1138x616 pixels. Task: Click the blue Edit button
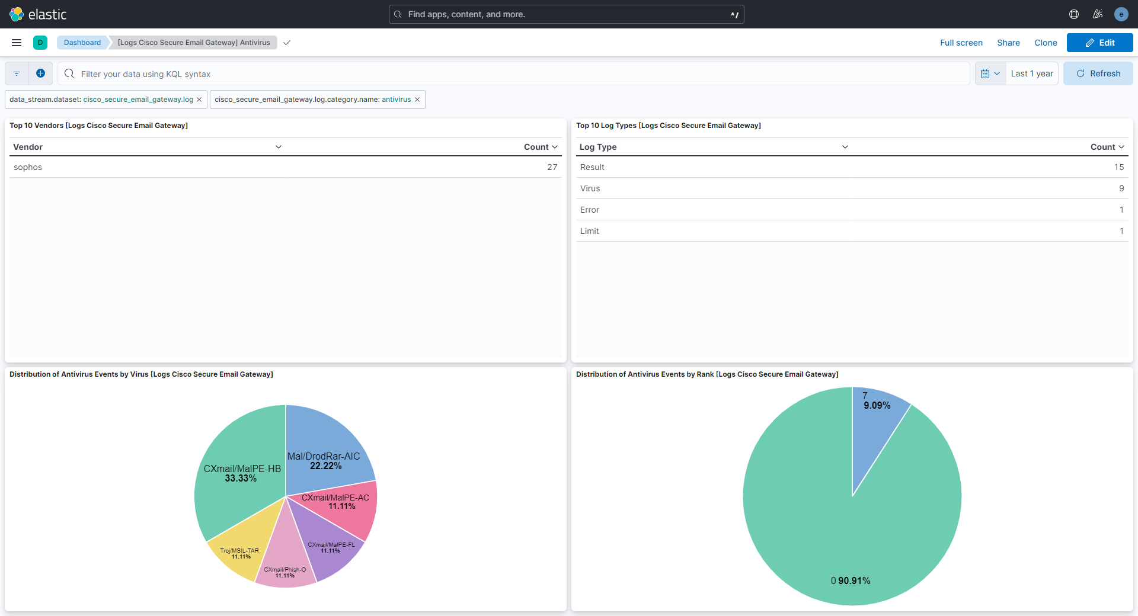pyautogui.click(x=1099, y=43)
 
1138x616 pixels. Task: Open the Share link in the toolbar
pyautogui.click(x=1008, y=43)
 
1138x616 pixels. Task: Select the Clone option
pyautogui.click(x=1046, y=43)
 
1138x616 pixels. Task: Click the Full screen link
pyautogui.click(x=961, y=43)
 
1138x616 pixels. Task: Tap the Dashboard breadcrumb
pyautogui.click(x=82, y=43)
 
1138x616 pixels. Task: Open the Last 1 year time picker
pyautogui.click(x=1031, y=74)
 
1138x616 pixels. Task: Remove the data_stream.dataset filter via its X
pyautogui.click(x=199, y=100)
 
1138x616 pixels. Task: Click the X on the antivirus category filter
pyautogui.click(x=417, y=100)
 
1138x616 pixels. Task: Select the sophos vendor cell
pyautogui.click(x=28, y=168)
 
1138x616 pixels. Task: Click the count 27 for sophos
pyautogui.click(x=552, y=168)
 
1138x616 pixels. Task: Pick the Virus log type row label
pyautogui.click(x=590, y=189)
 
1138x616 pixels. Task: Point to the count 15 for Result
pyautogui.click(x=1118, y=168)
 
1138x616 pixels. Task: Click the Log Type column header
pyautogui.click(x=598, y=147)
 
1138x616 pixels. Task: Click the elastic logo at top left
pyautogui.click(x=38, y=14)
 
